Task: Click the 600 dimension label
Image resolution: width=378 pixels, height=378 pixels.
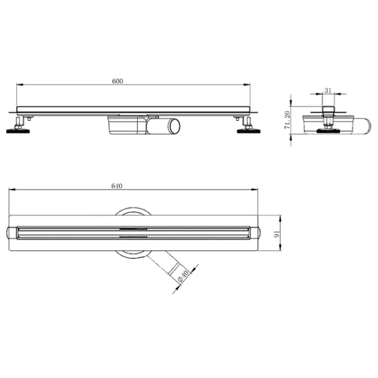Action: tap(117, 81)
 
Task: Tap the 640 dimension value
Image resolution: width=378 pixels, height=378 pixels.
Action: tap(117, 186)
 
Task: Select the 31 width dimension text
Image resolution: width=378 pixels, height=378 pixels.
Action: tap(328, 91)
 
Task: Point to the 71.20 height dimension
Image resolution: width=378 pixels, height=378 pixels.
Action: tap(287, 120)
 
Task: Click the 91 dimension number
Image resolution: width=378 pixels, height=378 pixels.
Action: tap(277, 234)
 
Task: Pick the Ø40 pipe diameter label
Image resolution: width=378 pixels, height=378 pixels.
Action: tap(183, 277)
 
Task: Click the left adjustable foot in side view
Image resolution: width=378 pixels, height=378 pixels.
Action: tap(18, 125)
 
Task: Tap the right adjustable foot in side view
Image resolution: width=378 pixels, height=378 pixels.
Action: tap(249, 125)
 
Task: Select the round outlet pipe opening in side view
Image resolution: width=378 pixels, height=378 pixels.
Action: tap(175, 126)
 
